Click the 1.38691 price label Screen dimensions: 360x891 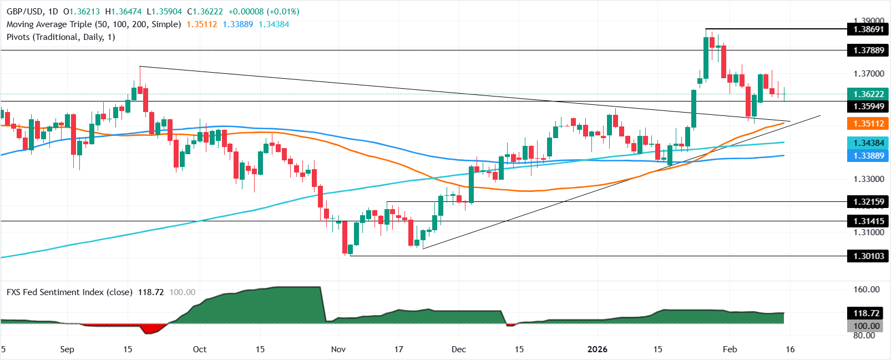868,29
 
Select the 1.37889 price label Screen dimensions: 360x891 868,50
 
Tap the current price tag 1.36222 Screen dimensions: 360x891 868,94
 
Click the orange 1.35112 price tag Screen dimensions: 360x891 868,124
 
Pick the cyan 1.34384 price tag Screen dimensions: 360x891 868,143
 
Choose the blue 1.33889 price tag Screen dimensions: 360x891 868,156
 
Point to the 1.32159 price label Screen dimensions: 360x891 868,202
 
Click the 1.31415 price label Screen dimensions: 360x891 868,221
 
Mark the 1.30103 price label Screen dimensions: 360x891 868,256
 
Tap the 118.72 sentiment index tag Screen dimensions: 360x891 867,313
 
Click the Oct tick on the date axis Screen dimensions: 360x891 199,349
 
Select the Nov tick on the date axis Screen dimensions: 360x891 338,349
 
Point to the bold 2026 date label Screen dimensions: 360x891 597,349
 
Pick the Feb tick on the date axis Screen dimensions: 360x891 730,349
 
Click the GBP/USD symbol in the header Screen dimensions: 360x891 24,12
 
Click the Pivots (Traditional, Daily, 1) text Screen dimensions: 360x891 60,37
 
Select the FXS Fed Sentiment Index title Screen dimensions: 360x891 69,292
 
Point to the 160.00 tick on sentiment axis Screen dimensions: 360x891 866,290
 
